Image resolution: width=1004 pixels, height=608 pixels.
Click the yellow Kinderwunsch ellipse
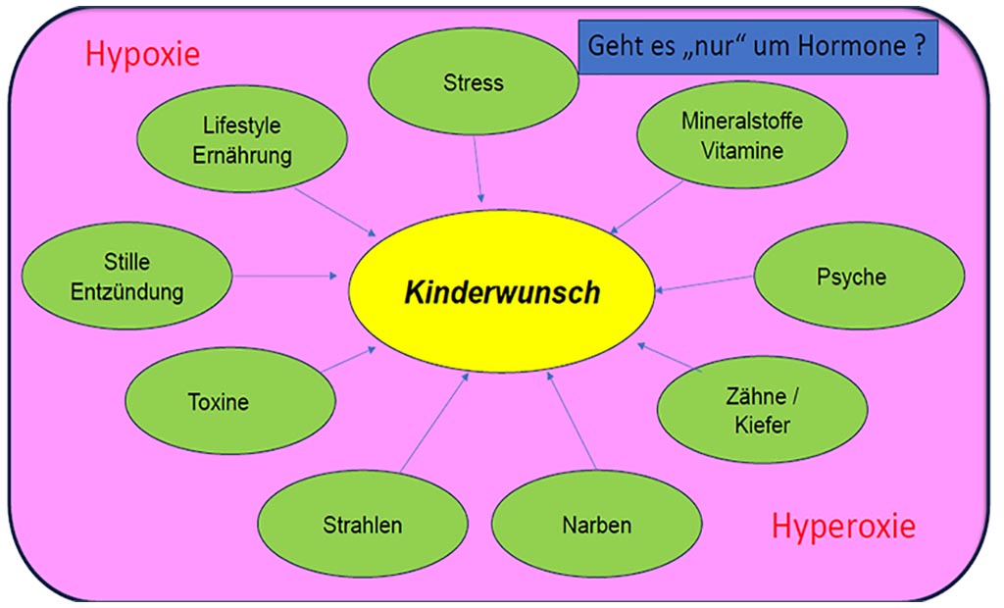[x=502, y=291]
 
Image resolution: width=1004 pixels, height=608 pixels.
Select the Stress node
[x=473, y=81]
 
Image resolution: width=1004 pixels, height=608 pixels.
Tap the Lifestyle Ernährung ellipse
[x=242, y=140]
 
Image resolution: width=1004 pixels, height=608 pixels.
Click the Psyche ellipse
[x=851, y=277]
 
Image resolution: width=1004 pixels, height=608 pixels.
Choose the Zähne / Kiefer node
[x=762, y=411]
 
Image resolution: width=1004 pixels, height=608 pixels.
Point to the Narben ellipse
[x=596, y=524]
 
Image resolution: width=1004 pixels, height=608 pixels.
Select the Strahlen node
[x=362, y=525]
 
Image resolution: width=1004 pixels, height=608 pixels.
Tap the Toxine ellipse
[x=219, y=401]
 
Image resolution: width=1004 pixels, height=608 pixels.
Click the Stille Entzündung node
[x=126, y=277]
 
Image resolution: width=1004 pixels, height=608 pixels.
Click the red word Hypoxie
[x=142, y=53]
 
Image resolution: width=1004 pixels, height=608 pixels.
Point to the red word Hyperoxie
[x=843, y=527]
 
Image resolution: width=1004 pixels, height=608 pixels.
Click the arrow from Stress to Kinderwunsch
[x=477, y=169]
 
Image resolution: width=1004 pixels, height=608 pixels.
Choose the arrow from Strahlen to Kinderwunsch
[x=433, y=422]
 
